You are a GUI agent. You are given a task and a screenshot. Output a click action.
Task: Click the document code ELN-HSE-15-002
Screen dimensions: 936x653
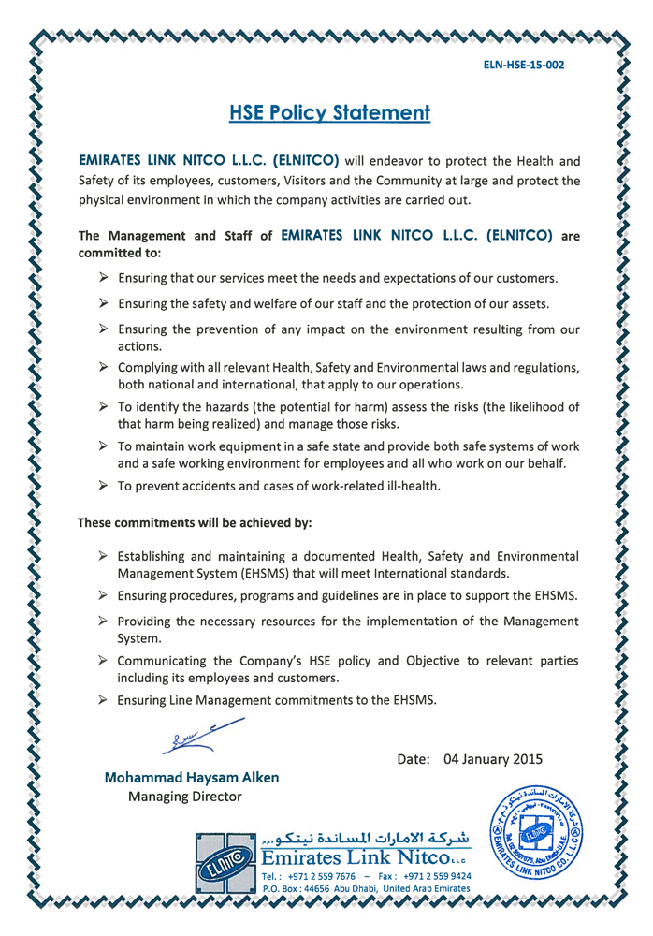(x=523, y=66)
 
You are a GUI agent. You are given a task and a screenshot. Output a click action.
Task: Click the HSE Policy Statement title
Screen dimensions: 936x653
(x=329, y=113)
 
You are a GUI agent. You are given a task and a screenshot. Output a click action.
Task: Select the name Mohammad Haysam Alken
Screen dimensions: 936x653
(x=191, y=777)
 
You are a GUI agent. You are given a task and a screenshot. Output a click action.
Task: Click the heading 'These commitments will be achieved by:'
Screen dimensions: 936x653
(x=195, y=521)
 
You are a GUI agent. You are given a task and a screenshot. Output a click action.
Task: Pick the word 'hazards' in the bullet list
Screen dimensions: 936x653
(x=210, y=406)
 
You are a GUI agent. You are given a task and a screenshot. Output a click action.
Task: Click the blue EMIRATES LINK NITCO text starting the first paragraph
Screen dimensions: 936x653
(x=209, y=160)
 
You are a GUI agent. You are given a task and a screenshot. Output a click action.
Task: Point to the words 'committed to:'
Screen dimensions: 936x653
(x=120, y=253)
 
